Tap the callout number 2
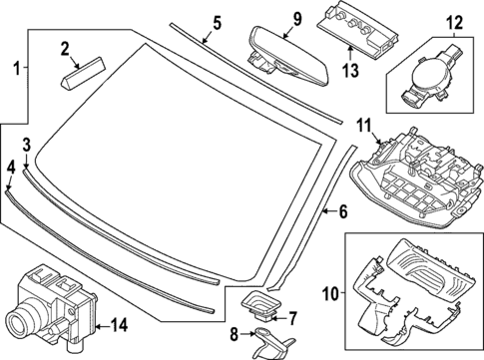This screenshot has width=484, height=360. [x=65, y=49]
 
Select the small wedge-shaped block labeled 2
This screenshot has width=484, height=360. [x=84, y=73]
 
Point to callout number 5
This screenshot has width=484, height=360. [x=217, y=24]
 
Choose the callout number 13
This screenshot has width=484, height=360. [x=351, y=71]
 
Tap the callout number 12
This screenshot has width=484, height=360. [x=455, y=23]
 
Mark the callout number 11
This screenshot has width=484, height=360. [x=364, y=127]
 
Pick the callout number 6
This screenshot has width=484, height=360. [x=343, y=211]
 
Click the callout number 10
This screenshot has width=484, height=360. [x=330, y=294]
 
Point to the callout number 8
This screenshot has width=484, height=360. [x=235, y=335]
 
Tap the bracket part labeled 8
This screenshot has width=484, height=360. [x=272, y=342]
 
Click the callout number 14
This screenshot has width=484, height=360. [x=120, y=326]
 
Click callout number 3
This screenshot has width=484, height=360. [x=27, y=146]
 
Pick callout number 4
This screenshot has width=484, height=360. [x=11, y=169]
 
